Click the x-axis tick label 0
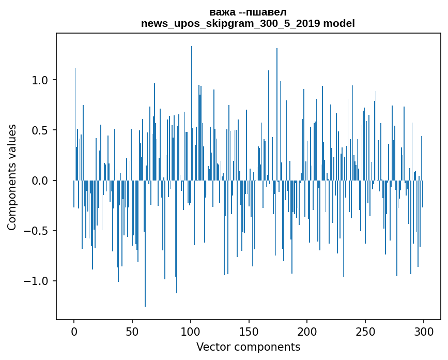(74, 332)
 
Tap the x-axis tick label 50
(132, 332)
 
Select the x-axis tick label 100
(191, 332)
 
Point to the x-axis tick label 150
(249, 332)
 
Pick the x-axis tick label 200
(307, 332)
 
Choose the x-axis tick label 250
(365, 332)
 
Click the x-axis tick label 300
(424, 332)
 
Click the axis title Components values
(12, 177)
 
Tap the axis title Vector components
(248, 347)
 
